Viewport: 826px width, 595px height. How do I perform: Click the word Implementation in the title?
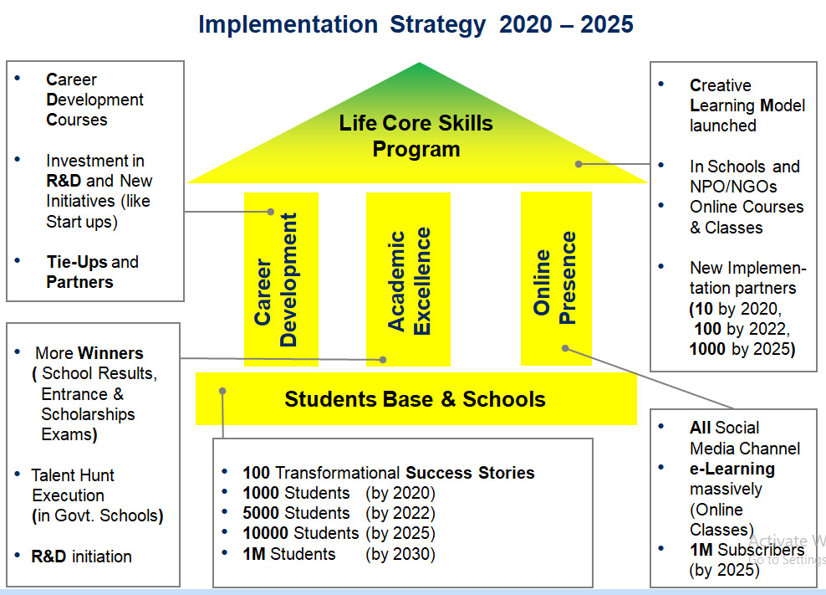click(288, 25)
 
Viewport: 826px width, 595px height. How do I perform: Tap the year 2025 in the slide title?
click(607, 24)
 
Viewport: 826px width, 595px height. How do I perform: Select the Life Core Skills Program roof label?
click(416, 136)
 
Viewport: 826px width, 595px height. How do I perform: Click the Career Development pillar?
click(281, 279)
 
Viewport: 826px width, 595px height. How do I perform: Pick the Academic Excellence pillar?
click(408, 279)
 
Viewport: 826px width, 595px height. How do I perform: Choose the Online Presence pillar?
click(556, 279)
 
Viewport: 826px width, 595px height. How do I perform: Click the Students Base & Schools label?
click(416, 399)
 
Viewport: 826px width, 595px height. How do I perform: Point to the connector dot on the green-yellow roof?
click(579, 164)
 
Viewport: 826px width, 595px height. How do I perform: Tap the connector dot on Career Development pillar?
click(271, 212)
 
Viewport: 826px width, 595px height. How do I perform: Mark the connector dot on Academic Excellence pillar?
click(383, 360)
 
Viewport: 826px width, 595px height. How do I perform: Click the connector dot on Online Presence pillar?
click(565, 348)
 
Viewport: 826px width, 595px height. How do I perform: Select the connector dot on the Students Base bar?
click(223, 391)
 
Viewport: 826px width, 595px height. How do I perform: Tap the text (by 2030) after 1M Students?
click(400, 554)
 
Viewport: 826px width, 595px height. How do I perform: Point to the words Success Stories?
click(470, 473)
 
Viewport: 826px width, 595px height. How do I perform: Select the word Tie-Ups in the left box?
click(77, 262)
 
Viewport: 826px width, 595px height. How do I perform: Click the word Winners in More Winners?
click(110, 353)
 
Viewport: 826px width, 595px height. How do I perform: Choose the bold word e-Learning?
click(732, 469)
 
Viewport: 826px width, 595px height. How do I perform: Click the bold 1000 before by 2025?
click(707, 349)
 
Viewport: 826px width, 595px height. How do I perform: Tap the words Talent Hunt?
click(73, 475)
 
